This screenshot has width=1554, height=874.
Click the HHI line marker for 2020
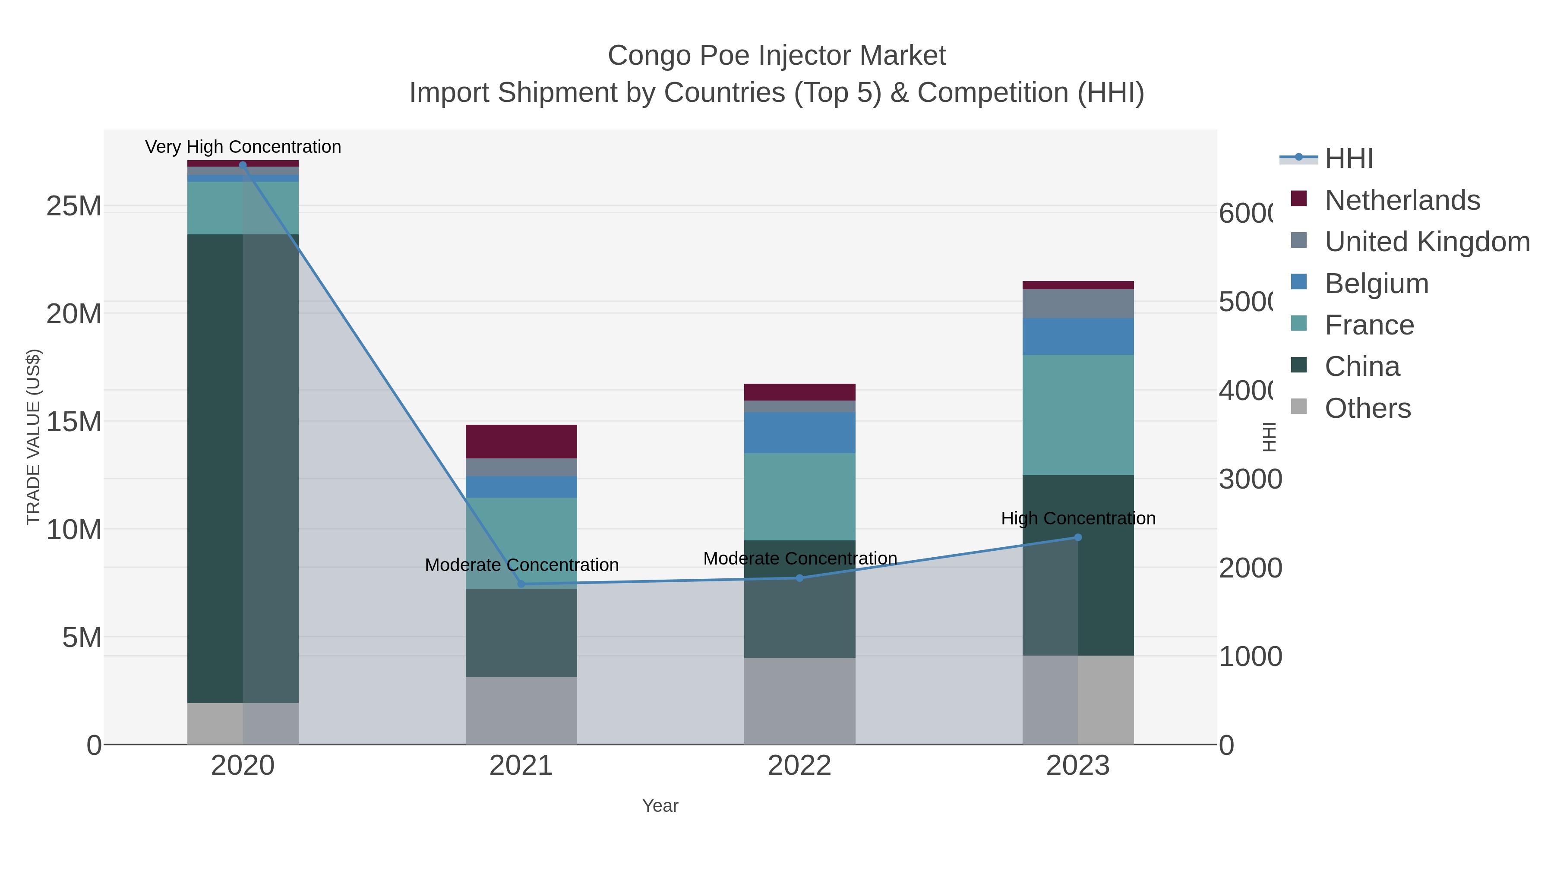(x=243, y=165)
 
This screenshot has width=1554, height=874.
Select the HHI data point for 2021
(x=521, y=584)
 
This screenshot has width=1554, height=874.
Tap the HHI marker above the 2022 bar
(x=799, y=578)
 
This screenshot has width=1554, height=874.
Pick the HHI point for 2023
(x=1078, y=537)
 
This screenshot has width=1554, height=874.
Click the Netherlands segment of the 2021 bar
(x=521, y=442)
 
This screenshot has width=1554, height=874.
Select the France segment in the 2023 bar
(x=1078, y=415)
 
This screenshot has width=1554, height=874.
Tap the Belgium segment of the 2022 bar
(x=799, y=432)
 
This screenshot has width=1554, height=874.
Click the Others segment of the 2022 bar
(x=799, y=701)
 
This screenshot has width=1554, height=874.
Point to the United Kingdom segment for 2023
(x=1078, y=303)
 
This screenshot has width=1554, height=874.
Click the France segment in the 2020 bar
(x=243, y=208)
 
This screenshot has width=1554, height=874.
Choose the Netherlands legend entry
(x=1402, y=200)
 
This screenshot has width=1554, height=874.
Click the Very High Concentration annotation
(x=243, y=147)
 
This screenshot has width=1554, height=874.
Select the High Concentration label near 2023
(x=1078, y=519)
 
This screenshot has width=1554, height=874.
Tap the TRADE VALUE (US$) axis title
(x=34, y=437)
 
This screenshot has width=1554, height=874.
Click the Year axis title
(x=660, y=806)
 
